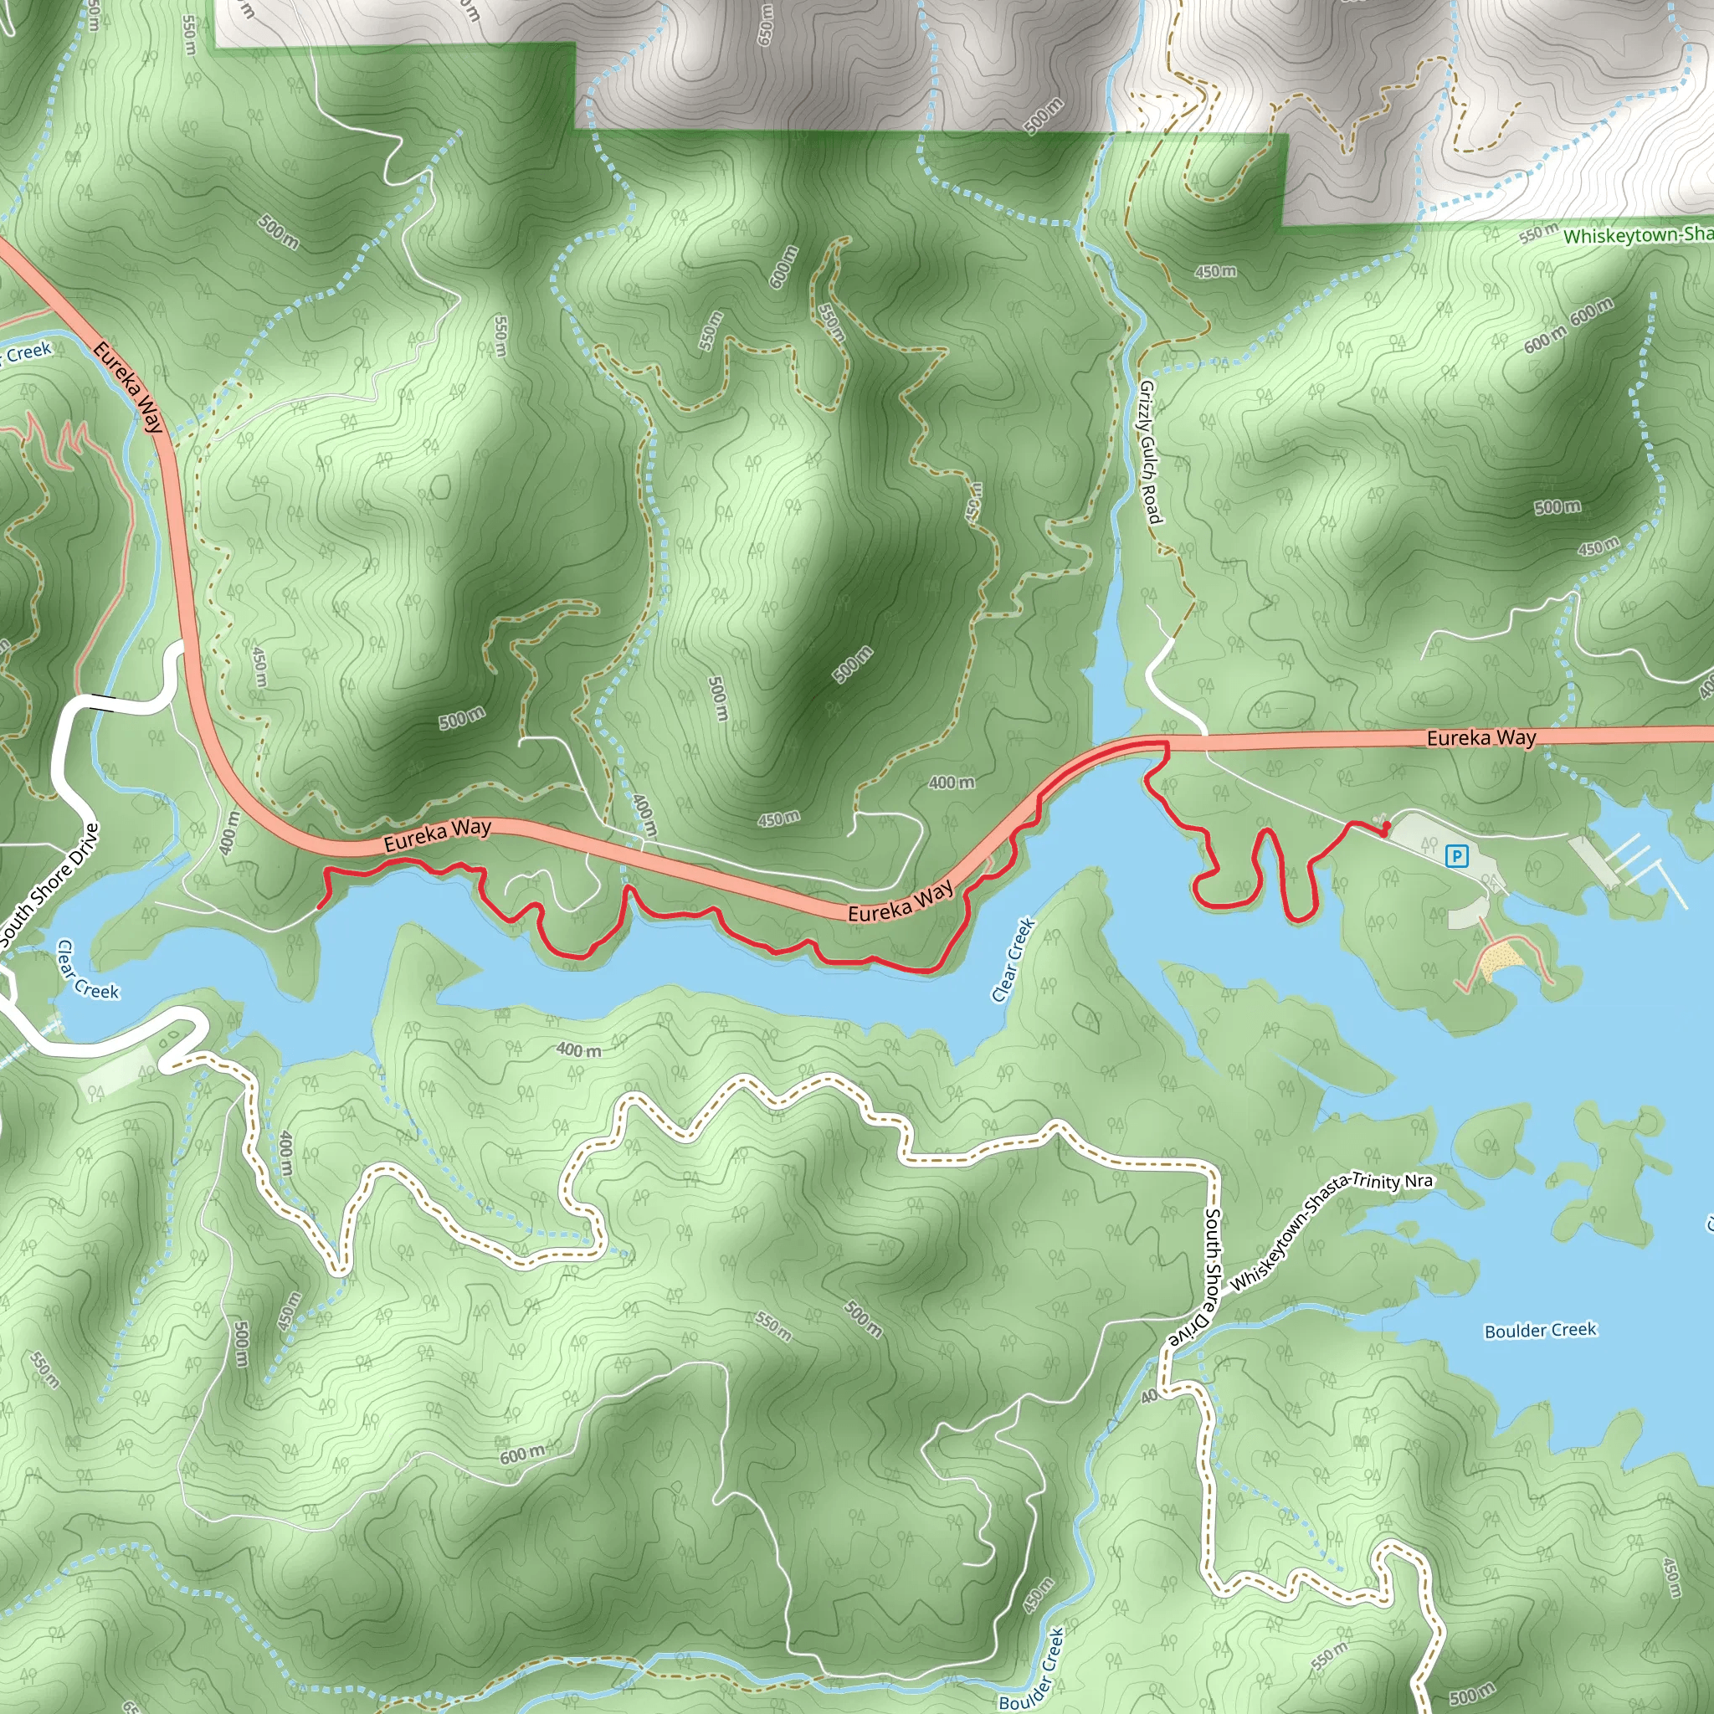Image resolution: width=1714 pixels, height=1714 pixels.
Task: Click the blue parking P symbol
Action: pos(1457,856)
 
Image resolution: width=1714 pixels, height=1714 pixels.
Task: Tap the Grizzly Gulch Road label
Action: pos(1149,453)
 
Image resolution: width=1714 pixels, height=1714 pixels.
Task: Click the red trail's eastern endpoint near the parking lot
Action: pos(1385,829)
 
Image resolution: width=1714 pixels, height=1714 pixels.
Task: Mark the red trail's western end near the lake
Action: pos(320,906)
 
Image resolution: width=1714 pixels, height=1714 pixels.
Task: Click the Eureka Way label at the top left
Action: pos(130,387)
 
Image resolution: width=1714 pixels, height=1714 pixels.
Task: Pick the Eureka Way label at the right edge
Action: pos(1481,737)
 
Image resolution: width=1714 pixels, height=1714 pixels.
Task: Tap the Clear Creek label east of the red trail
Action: pos(1014,960)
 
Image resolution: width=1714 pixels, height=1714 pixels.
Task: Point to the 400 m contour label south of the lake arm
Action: pos(578,1050)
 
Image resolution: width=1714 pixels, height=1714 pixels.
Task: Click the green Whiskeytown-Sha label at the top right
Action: pos(1637,235)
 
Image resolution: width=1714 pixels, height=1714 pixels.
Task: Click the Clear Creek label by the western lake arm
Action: pos(86,971)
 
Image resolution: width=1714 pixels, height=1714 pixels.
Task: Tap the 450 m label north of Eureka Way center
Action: pos(778,818)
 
